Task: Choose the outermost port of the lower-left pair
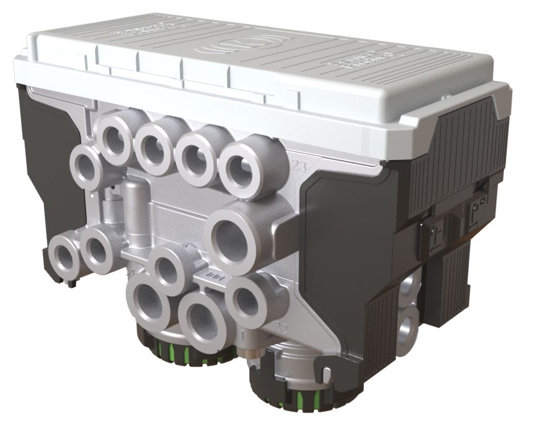click(x=64, y=256)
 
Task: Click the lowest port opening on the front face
click(x=202, y=323)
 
